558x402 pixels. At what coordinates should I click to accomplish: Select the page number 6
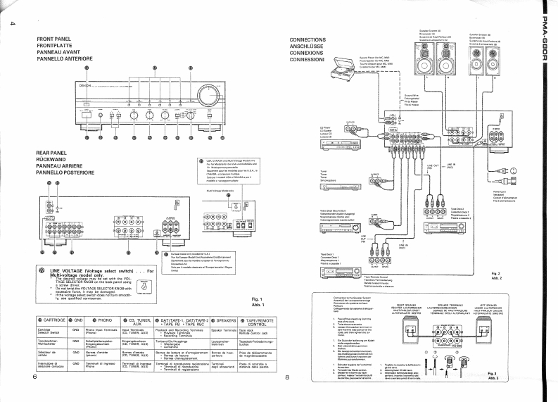[x=34, y=377]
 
